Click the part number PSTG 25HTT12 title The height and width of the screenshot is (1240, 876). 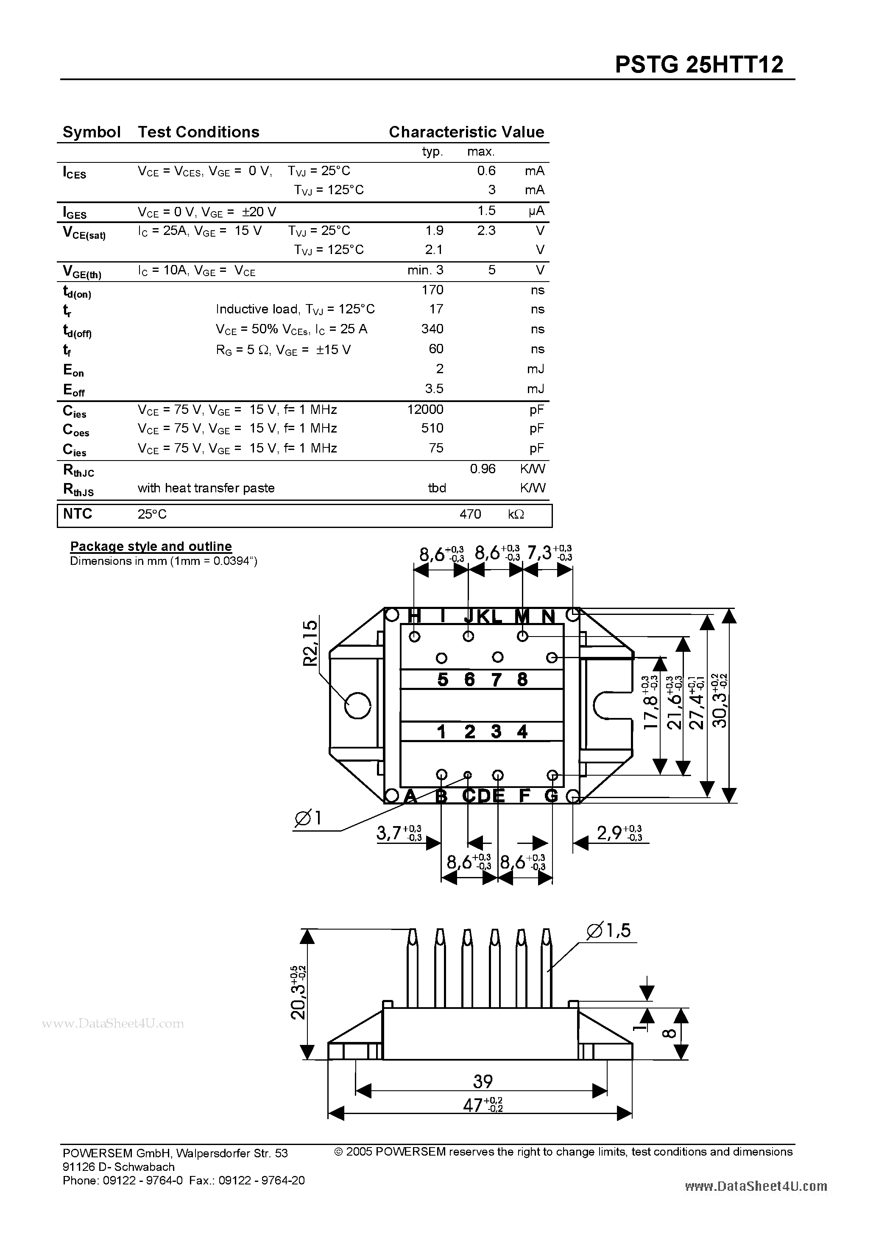pyautogui.click(x=699, y=65)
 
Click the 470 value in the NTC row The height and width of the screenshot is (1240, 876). pyautogui.click(x=470, y=514)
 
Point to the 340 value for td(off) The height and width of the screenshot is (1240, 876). pyautogui.click(x=432, y=329)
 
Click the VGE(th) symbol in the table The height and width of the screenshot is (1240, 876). pyautogui.click(x=81, y=272)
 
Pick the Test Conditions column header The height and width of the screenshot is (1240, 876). pyautogui.click(x=198, y=132)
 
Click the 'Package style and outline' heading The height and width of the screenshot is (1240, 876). pyautogui.click(x=151, y=547)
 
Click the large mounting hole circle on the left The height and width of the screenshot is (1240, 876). pyautogui.click(x=357, y=706)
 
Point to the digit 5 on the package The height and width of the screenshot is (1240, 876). pyautogui.click(x=442, y=679)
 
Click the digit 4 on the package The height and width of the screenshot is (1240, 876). pyautogui.click(x=522, y=732)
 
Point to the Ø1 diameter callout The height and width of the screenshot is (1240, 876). pyautogui.click(x=308, y=819)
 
